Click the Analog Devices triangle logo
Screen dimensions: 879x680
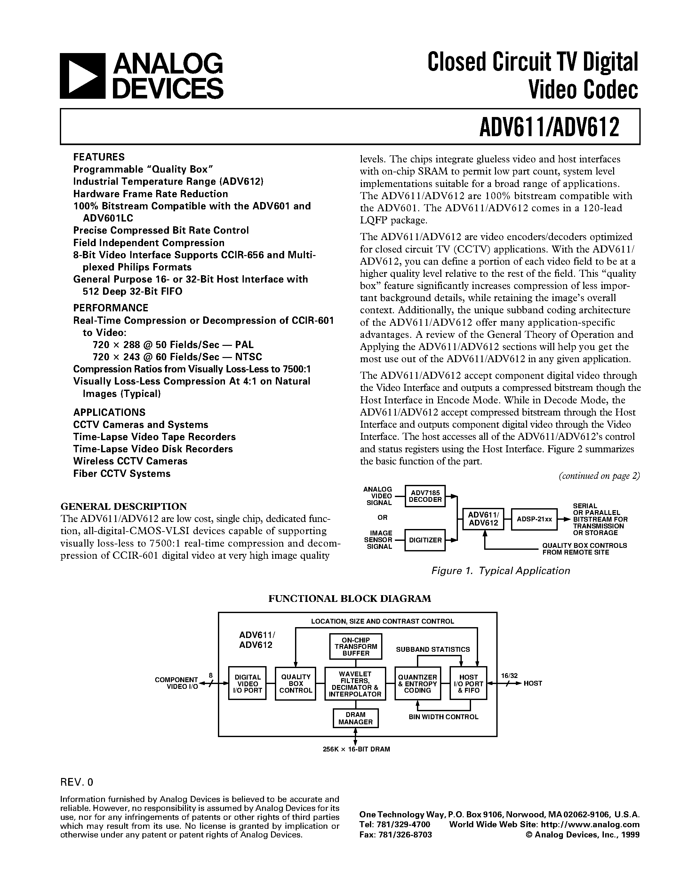(x=82, y=76)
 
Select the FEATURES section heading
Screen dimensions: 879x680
(x=99, y=157)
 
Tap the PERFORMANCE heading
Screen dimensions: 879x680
(x=110, y=308)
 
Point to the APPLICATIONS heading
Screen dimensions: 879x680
(x=109, y=412)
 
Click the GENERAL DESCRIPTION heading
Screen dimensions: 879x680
(x=123, y=506)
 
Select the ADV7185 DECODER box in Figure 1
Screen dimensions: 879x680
(x=425, y=496)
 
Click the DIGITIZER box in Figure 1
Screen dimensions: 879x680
(x=425, y=540)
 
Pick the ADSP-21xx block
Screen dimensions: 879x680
(x=534, y=519)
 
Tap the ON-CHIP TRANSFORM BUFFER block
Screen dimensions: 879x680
(x=356, y=646)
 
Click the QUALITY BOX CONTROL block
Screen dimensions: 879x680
(x=296, y=683)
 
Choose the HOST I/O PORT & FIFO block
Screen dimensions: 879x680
(x=468, y=683)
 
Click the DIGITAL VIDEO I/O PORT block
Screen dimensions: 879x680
(x=247, y=683)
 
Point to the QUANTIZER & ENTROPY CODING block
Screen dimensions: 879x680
(x=417, y=683)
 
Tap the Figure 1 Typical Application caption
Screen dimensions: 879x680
(x=500, y=571)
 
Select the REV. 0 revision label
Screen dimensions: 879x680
(x=76, y=782)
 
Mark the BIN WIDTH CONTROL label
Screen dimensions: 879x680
(x=443, y=717)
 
